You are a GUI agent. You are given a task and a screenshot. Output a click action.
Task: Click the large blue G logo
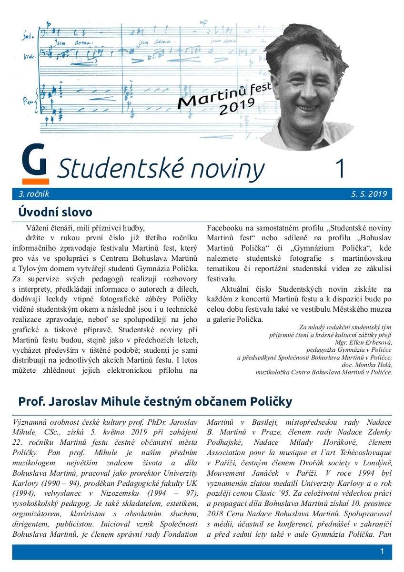(34, 161)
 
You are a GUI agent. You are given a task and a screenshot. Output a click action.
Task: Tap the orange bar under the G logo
(35, 182)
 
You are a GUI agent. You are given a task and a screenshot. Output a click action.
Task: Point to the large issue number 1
(340, 168)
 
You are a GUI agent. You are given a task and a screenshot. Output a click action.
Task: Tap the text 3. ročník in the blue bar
(34, 194)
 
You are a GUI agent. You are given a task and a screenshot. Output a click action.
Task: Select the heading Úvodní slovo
(55, 212)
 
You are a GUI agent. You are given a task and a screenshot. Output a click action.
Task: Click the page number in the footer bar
(382, 552)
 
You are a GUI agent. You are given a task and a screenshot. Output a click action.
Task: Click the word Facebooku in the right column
(227, 228)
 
